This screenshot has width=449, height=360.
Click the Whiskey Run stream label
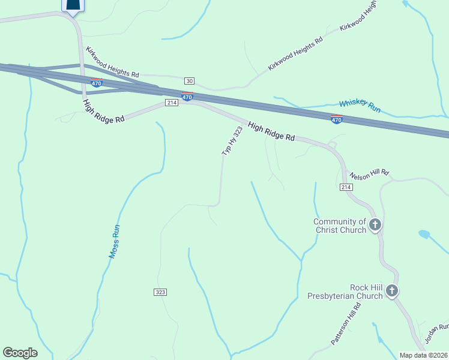360,106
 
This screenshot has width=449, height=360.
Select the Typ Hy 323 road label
232,142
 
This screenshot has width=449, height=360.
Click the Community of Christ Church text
340,226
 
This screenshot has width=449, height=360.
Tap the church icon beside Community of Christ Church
375,226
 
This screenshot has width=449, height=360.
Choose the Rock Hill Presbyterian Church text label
345,292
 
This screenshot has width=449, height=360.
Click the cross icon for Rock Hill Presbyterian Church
391,292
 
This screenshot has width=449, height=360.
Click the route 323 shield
160,292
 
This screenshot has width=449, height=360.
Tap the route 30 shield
190,81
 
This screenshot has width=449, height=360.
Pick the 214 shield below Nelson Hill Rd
346,188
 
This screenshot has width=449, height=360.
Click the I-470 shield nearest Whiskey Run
337,119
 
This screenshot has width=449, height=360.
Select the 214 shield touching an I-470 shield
172,103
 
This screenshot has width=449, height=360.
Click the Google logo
20,353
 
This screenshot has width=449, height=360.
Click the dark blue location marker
73,6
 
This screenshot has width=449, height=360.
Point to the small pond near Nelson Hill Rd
424,234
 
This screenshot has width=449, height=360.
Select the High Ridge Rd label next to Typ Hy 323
271,132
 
